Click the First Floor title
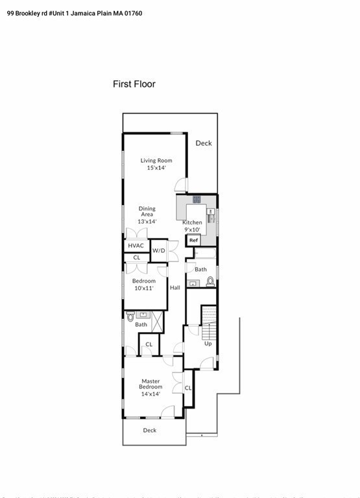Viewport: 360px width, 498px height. coord(134,84)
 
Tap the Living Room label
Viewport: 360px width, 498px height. coord(156,160)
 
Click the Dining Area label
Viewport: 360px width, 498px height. coord(147,212)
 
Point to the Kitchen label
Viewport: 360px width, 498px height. coord(192,222)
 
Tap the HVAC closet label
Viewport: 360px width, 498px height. coord(136,246)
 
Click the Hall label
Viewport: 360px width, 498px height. coord(175,288)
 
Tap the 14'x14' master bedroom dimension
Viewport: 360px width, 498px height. coord(150,394)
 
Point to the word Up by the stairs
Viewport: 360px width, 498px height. coord(208,344)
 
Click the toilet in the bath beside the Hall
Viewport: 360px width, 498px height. coord(210,281)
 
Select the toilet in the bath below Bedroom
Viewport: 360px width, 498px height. coord(130,317)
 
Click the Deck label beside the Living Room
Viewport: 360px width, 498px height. coord(204,143)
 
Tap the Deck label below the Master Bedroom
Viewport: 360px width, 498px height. coord(150,430)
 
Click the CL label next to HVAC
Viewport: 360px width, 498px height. coord(136,257)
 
